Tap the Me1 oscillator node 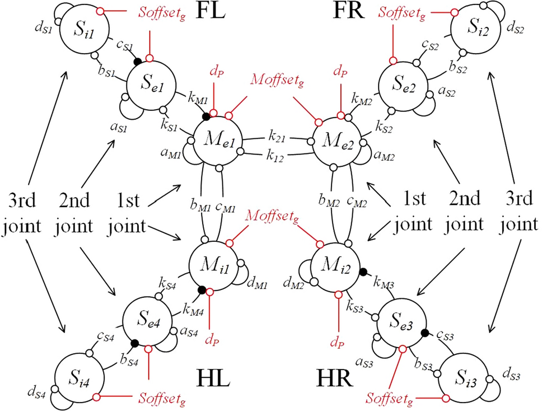point(217,140)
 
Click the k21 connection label point(274,137)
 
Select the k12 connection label point(274,156)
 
